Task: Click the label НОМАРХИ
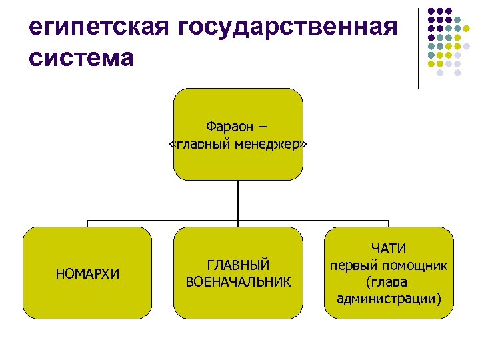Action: coord(87,273)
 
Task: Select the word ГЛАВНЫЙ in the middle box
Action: coord(238,265)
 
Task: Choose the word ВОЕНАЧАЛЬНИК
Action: coord(238,281)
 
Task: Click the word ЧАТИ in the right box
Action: coord(389,249)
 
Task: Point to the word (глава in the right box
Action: coord(389,281)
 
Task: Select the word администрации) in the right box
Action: coord(389,298)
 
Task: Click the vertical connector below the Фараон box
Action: coord(238,200)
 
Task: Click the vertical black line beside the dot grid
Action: coord(418,47)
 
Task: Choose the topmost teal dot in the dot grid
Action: coord(457,19)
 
